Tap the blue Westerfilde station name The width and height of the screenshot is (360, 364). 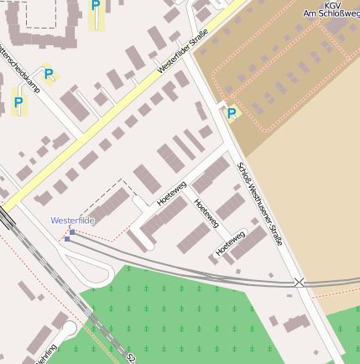pyautogui.click(x=72, y=221)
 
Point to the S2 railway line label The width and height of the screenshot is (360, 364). pyautogui.click(x=131, y=358)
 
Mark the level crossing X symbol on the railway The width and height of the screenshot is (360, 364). pyautogui.click(x=299, y=282)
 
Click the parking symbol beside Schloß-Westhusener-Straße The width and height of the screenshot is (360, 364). pyautogui.click(x=232, y=112)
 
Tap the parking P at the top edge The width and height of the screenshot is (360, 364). pyautogui.click(x=96, y=6)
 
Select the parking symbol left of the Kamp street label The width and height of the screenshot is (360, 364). pyautogui.click(x=18, y=103)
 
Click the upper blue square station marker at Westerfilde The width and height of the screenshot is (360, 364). pyautogui.click(x=72, y=231)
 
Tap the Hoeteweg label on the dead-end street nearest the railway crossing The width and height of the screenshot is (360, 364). pyautogui.click(x=229, y=242)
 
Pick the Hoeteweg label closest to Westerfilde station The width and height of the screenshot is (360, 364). pyautogui.click(x=170, y=194)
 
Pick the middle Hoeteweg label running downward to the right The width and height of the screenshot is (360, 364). pyautogui.click(x=206, y=214)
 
